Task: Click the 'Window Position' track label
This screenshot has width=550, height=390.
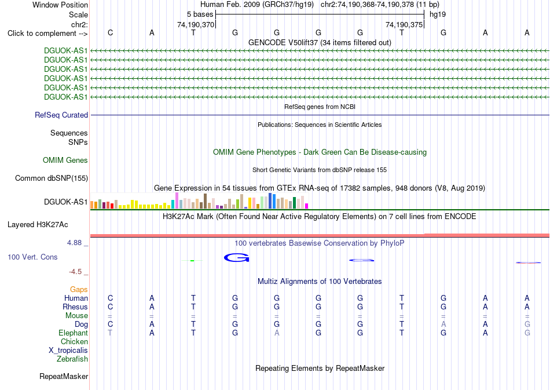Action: point(60,5)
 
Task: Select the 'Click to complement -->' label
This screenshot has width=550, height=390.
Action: point(47,34)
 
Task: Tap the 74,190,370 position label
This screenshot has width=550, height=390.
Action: point(195,24)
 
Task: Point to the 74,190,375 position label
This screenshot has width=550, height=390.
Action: point(404,24)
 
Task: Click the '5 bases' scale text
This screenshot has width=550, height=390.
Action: point(200,14)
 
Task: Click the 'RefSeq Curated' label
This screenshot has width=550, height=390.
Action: point(61,115)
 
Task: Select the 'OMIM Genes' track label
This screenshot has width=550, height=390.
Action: point(65,161)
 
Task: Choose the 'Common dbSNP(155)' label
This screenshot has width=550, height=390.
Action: point(52,178)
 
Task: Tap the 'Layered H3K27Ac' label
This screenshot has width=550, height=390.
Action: point(38,225)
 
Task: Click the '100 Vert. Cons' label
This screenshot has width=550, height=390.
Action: point(32,257)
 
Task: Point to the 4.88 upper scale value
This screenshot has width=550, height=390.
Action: point(74,243)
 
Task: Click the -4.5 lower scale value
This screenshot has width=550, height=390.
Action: point(75,272)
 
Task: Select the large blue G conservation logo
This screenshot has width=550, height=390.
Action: point(236,258)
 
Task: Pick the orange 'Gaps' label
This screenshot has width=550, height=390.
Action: point(79,289)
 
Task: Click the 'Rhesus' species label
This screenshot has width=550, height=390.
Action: point(75,307)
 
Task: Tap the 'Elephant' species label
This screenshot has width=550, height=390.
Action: point(74,333)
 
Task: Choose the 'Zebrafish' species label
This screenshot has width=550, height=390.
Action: point(72,359)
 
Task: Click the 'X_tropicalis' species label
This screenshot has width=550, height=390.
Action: point(68,351)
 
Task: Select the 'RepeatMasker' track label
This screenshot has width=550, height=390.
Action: point(64,376)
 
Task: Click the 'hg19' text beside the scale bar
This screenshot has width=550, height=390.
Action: point(438,14)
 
